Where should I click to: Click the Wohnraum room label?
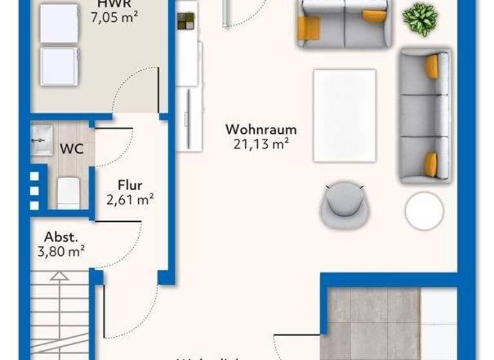pyautogui.click(x=261, y=129)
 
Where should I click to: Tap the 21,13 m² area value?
pyautogui.click(x=261, y=144)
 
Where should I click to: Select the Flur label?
pyautogui.click(x=130, y=186)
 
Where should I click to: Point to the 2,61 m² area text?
pyautogui.click(x=130, y=200)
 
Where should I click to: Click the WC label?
pyautogui.click(x=71, y=148)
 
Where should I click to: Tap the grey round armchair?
pyautogui.click(x=343, y=205)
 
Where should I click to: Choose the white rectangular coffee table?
pyautogui.click(x=344, y=116)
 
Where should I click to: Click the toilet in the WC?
pyautogui.click(x=68, y=192)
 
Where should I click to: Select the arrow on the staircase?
pyautogui.click(x=59, y=277)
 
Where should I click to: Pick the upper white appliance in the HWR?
pyautogui.click(x=59, y=23)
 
